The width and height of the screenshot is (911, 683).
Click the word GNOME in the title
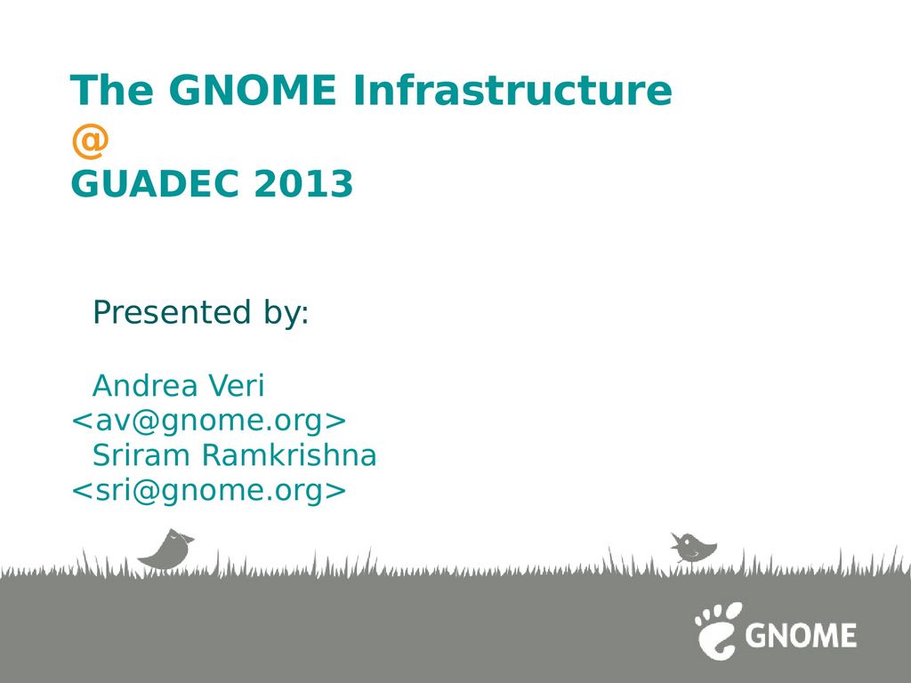(x=253, y=90)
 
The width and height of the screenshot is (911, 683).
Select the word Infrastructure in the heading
(x=512, y=90)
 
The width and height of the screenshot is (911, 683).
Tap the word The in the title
(x=112, y=90)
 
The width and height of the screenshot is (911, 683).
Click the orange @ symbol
(x=90, y=142)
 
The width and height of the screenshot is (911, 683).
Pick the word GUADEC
(x=154, y=183)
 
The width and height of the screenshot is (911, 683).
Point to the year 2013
(x=303, y=183)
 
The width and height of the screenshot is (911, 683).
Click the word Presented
(x=172, y=312)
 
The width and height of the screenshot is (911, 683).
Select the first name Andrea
(x=145, y=385)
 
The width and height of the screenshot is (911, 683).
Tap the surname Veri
(x=236, y=385)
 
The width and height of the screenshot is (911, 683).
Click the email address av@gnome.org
(x=208, y=421)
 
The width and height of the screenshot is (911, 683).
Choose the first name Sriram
(x=141, y=454)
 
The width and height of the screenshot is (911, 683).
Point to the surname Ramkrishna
(x=289, y=454)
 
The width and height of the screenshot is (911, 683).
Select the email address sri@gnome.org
(x=208, y=490)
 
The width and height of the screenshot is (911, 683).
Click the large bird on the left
(x=166, y=550)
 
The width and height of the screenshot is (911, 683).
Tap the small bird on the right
(x=694, y=548)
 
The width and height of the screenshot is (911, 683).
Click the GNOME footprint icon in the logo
(x=718, y=631)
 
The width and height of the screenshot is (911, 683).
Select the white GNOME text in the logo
(x=801, y=635)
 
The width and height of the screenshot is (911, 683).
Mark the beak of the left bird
(x=189, y=539)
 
